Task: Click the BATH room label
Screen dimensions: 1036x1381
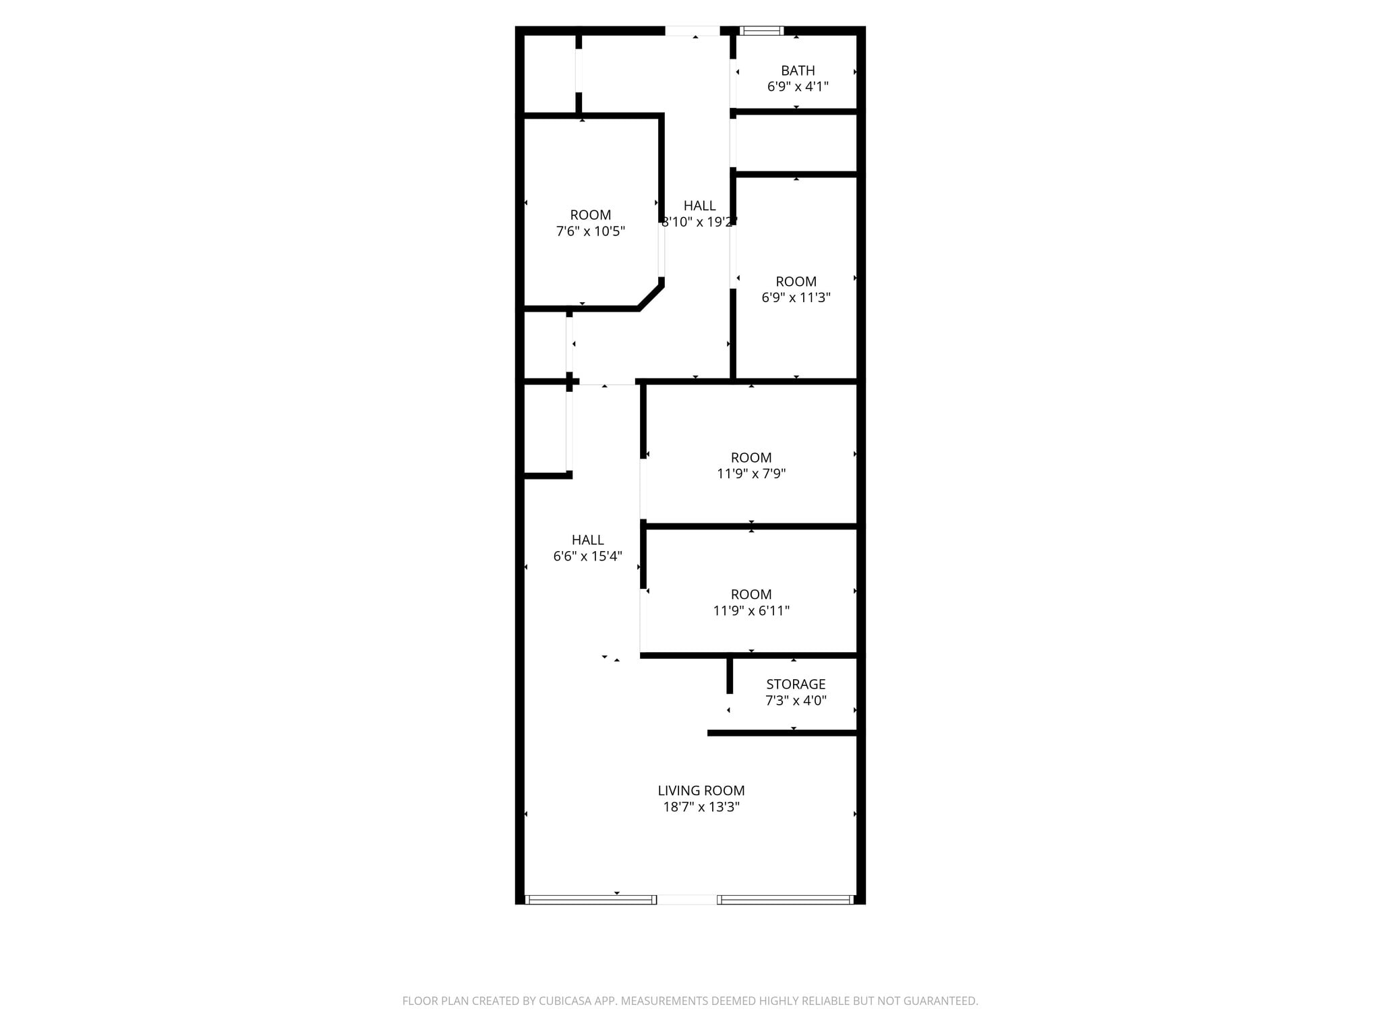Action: click(x=798, y=70)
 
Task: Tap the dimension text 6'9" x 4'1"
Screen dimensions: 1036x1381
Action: click(x=798, y=86)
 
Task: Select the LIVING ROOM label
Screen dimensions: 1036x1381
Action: click(x=701, y=790)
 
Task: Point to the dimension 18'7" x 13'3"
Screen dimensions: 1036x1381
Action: click(x=701, y=807)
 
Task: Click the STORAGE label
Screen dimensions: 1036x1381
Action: click(x=796, y=684)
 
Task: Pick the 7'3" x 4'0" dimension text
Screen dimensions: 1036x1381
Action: click(x=796, y=700)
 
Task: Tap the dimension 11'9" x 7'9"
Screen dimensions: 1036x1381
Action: click(x=751, y=473)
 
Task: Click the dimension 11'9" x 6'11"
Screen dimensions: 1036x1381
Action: click(x=751, y=610)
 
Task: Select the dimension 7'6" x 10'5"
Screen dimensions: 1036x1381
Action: click(x=591, y=231)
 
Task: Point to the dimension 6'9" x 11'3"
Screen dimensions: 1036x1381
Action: click(x=796, y=297)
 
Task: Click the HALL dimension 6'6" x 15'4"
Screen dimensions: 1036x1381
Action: click(x=587, y=556)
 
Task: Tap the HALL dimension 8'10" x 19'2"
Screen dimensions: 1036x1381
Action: click(x=699, y=222)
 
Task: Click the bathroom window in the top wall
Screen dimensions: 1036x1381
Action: click(x=762, y=30)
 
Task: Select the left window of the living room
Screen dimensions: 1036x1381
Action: click(x=591, y=899)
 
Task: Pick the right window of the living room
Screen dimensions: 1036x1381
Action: click(x=786, y=899)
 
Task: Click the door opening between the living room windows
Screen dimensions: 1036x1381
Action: click(x=687, y=899)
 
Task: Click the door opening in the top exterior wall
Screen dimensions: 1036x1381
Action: click(x=693, y=30)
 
